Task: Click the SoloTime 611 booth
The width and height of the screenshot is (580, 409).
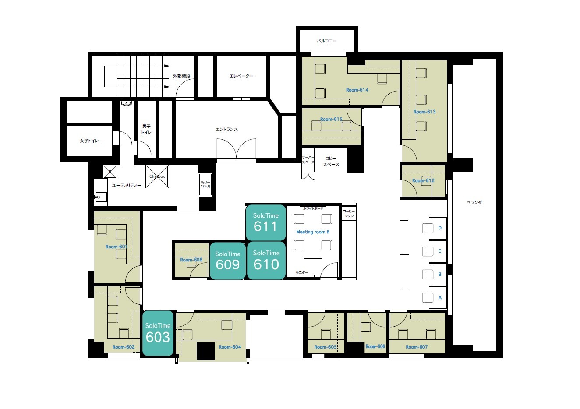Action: click(x=265, y=222)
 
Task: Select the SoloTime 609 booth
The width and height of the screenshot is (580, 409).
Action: click(x=228, y=261)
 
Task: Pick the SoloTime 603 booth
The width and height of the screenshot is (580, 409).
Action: click(x=158, y=333)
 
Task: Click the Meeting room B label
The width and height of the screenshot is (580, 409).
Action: click(x=313, y=232)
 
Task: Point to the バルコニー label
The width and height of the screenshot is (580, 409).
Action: click(x=327, y=41)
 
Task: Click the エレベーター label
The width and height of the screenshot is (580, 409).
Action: click(x=241, y=76)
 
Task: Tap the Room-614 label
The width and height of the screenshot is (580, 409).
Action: click(x=357, y=90)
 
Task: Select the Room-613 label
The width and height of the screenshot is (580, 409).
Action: click(x=424, y=112)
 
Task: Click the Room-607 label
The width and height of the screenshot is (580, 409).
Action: click(x=417, y=347)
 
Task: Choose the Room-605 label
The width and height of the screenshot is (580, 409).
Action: click(x=325, y=347)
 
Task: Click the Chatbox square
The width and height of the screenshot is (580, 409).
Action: click(x=157, y=176)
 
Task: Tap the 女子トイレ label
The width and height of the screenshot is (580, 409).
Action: click(x=89, y=141)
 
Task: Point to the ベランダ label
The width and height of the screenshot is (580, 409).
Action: click(x=474, y=203)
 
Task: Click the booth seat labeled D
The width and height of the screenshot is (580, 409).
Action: click(x=440, y=228)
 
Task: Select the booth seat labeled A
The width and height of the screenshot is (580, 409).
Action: click(x=440, y=298)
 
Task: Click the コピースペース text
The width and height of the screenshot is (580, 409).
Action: click(x=331, y=161)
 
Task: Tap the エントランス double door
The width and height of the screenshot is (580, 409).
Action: click(x=237, y=149)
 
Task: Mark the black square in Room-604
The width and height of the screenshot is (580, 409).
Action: click(x=205, y=351)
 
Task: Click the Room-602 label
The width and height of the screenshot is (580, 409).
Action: click(x=124, y=347)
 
